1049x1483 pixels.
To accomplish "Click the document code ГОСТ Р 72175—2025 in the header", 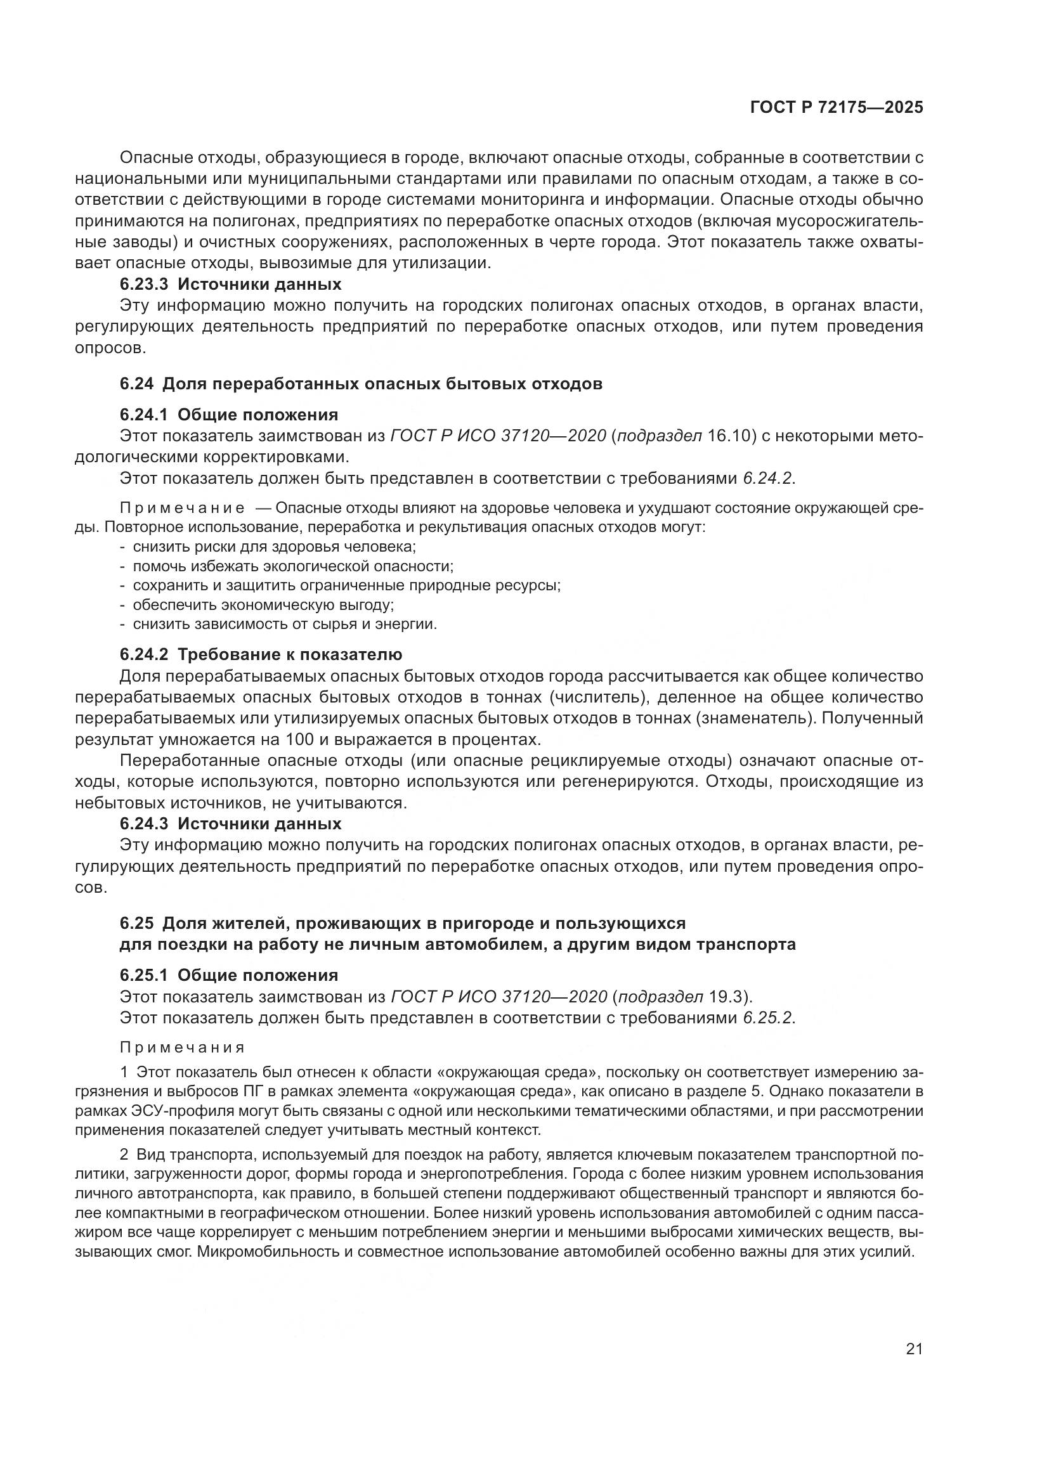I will click(x=836, y=108).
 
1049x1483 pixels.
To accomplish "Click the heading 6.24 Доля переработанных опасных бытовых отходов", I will click(x=360, y=384).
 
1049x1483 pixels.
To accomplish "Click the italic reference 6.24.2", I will click(x=768, y=479).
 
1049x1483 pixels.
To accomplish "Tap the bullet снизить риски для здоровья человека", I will click(x=274, y=547).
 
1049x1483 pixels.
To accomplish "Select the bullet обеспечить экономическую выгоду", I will click(x=263, y=606).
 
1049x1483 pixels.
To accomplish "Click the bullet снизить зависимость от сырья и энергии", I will click(x=285, y=625).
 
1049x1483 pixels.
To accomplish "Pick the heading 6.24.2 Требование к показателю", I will click(x=260, y=654).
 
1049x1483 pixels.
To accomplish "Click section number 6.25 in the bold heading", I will click(x=136, y=924).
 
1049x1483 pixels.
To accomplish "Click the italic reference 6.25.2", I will click(x=768, y=1018).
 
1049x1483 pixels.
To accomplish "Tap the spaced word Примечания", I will click(x=182, y=1047).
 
